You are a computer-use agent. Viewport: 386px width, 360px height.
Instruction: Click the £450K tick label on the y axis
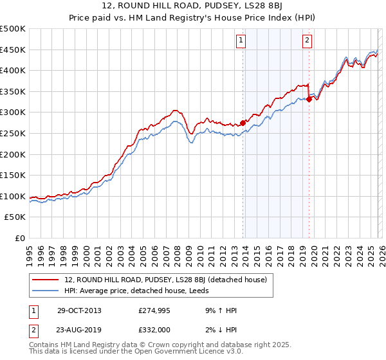(x=13, y=50)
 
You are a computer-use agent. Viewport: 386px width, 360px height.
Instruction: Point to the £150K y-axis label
(x=13, y=175)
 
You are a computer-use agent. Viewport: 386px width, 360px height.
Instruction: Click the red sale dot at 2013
(x=243, y=123)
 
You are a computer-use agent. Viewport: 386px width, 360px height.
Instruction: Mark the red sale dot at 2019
(x=309, y=99)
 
